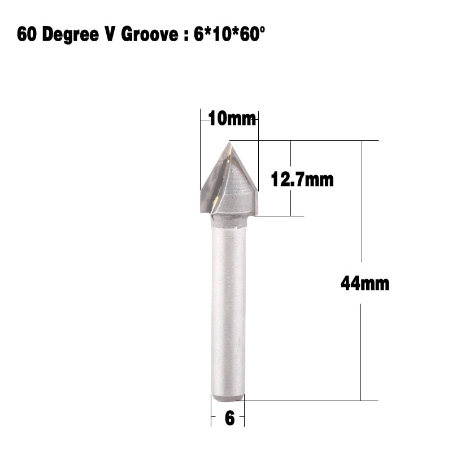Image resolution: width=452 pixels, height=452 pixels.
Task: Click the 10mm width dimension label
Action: point(232,119)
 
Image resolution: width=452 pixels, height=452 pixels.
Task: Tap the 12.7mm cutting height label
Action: point(302,180)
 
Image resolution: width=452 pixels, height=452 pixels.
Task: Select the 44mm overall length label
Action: point(364,282)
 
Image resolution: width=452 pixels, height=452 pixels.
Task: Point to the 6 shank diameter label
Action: point(229,419)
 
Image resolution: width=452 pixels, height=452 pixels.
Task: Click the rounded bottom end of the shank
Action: point(228,398)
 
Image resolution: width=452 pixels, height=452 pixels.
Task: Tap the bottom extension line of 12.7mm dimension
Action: point(282,216)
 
